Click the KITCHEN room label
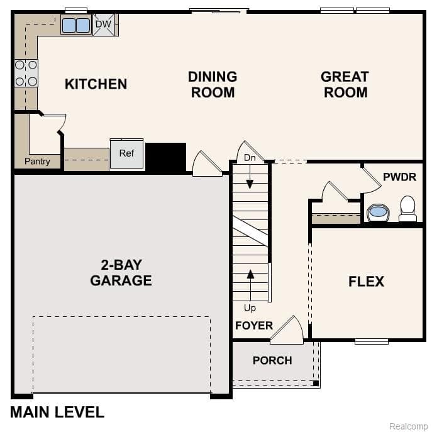pyautogui.click(x=96, y=84)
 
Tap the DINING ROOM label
pyautogui.click(x=213, y=84)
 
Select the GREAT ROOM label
pyautogui.click(x=344, y=84)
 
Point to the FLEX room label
pyautogui.click(x=366, y=281)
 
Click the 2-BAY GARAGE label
pyautogui.click(x=121, y=272)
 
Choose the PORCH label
pyautogui.click(x=272, y=360)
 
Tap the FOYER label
pyautogui.click(x=254, y=325)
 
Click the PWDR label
pyautogui.click(x=399, y=177)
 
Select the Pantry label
pyautogui.click(x=37, y=162)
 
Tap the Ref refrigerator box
pyautogui.click(x=126, y=154)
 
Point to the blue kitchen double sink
pyautogui.click(x=76, y=25)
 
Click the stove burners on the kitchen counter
pyautogui.click(x=26, y=73)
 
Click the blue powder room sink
pyautogui.click(x=378, y=212)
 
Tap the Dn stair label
pyautogui.click(x=250, y=158)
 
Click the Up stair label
pyautogui.click(x=250, y=308)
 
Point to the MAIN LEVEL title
pyautogui.click(x=57, y=413)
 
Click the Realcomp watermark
pyautogui.click(x=408, y=426)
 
